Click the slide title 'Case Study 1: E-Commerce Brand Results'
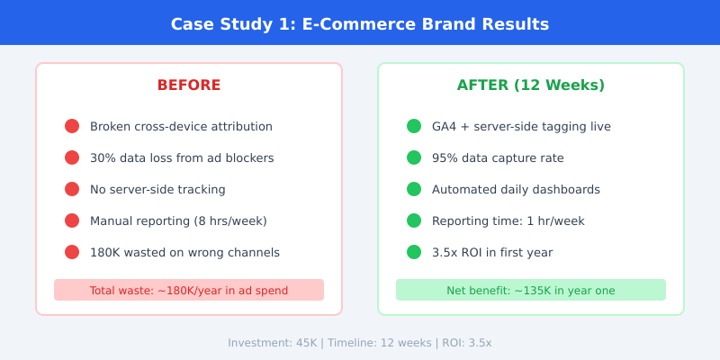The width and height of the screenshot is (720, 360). [x=360, y=23]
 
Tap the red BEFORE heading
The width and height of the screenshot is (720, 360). [x=189, y=85]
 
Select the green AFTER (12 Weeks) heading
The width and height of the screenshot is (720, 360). [x=531, y=85]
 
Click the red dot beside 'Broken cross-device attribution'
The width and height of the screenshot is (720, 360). [x=72, y=126]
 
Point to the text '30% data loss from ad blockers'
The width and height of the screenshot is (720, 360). [x=182, y=157]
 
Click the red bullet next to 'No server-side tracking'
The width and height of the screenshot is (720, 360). [x=72, y=189]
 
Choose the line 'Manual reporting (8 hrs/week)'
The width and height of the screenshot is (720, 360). [x=178, y=220]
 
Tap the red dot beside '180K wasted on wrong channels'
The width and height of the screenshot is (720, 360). [x=72, y=252]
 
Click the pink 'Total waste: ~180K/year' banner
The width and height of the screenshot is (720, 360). [x=189, y=290]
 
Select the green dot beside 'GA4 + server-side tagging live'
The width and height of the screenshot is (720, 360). [x=414, y=126]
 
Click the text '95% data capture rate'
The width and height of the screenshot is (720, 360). [x=498, y=157]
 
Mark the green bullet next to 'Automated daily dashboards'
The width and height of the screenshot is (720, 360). [x=414, y=189]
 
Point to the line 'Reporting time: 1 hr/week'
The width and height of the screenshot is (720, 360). [x=508, y=220]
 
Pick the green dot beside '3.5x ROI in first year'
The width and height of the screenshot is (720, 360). [x=414, y=252]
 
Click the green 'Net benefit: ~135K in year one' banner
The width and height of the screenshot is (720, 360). [x=531, y=290]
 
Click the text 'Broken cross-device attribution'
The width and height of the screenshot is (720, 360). [x=181, y=126]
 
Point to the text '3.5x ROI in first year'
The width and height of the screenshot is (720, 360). [x=492, y=252]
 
